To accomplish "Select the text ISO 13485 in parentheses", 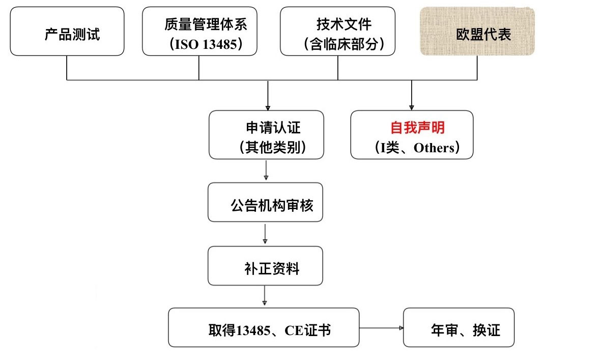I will coord(206,44).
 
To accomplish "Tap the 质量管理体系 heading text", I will coord(206,24).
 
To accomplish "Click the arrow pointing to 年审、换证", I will coord(381,327).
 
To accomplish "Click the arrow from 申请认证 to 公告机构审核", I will coord(266,171).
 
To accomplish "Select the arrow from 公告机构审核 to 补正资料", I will coord(265,234).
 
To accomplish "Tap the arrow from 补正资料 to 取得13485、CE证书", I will coord(265,296).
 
